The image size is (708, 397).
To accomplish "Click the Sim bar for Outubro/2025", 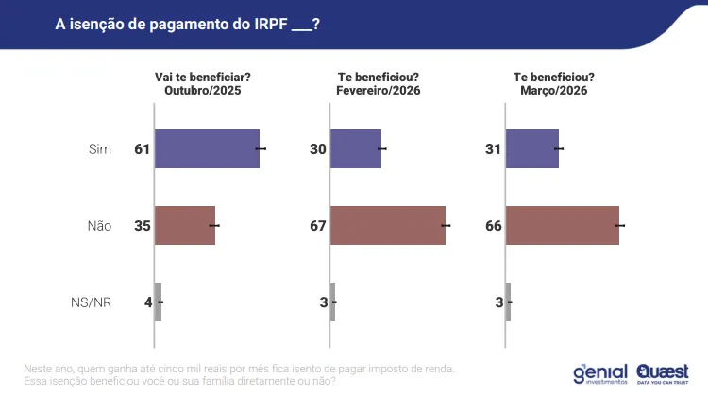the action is [208, 148].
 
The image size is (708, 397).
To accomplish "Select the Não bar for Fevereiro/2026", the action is [388, 225].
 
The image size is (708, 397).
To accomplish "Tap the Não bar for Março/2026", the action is [563, 225].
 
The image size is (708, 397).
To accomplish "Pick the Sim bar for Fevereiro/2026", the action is [356, 148].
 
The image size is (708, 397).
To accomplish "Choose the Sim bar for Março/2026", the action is [532, 148].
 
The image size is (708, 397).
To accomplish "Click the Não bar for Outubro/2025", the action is [185, 225].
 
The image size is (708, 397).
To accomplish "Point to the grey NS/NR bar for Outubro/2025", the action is [158, 302].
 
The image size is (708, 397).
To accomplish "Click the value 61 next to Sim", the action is [143, 148].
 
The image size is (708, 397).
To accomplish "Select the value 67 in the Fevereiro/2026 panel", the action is [318, 225].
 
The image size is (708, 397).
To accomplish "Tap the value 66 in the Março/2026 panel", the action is [494, 225].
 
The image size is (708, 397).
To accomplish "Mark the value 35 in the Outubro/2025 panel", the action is [143, 225].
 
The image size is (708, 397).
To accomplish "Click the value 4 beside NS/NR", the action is [148, 302].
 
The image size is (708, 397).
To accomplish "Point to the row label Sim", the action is [100, 148].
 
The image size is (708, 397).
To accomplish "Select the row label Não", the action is [99, 225].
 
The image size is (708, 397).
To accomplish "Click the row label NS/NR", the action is [91, 302].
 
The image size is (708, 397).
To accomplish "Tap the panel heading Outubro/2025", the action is [203, 91].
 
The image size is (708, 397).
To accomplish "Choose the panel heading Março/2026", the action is [554, 91].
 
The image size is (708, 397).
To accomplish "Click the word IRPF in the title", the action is [271, 24].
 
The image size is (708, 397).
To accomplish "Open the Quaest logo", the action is [663, 374].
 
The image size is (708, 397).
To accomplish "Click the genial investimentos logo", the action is [600, 374].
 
